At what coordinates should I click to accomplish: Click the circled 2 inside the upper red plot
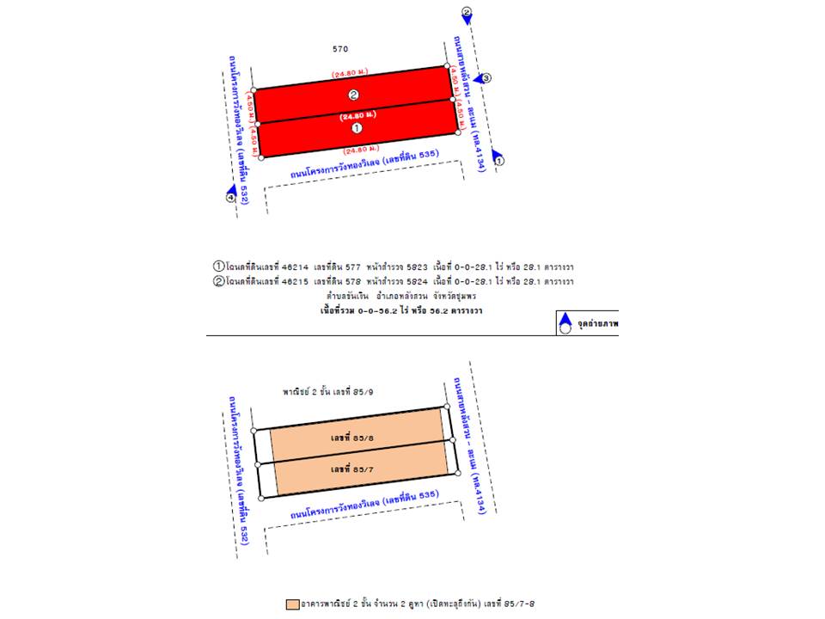pos(352,95)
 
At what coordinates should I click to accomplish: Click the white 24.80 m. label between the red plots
pos(355,115)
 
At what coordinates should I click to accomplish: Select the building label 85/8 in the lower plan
pos(347,438)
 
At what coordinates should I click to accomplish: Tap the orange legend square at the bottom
pos(292,604)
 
